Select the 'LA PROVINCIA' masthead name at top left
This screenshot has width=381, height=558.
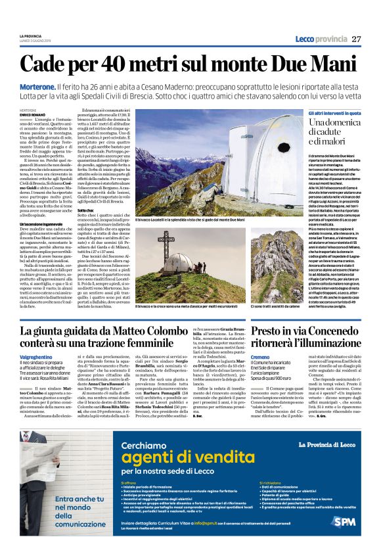click(x=30, y=35)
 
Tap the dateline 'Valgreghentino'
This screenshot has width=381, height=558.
click(x=35, y=356)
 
